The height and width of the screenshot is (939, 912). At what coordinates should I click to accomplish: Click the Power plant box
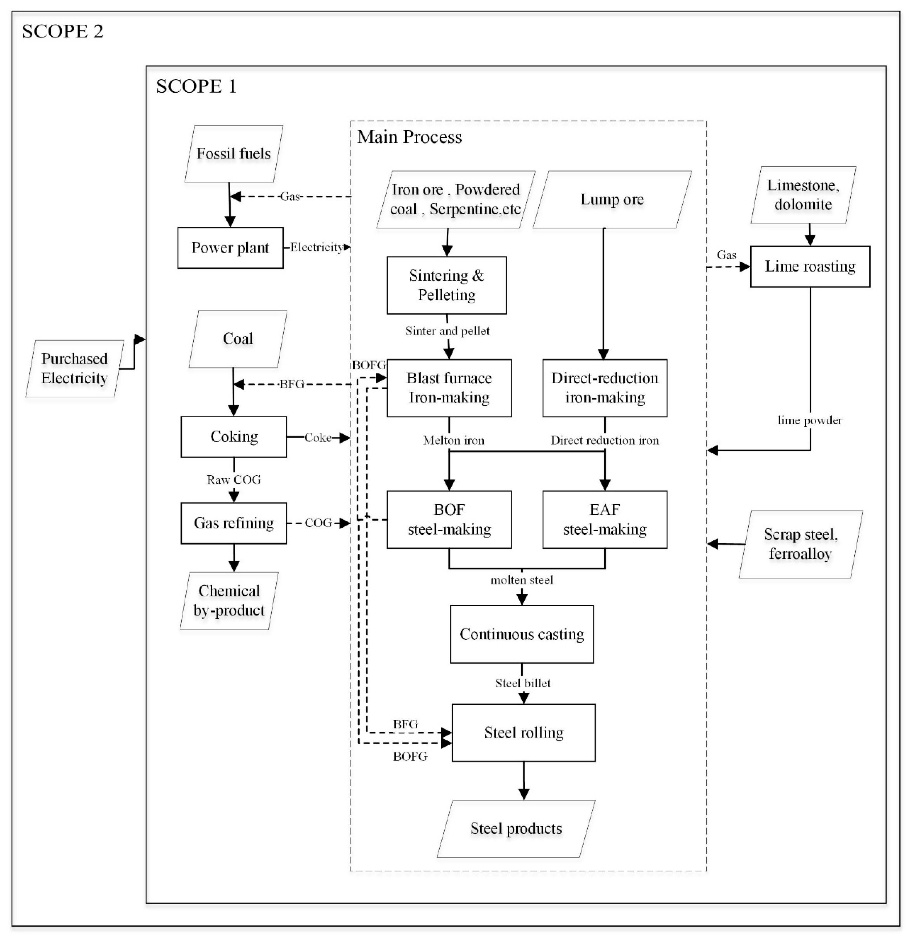[x=230, y=248]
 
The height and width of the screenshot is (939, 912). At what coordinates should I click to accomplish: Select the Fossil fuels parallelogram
[x=233, y=154]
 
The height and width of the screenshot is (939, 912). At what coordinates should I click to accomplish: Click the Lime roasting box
[x=810, y=266]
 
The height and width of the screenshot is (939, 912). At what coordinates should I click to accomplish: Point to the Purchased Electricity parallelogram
[x=74, y=369]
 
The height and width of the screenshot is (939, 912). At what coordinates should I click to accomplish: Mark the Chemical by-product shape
[x=229, y=601]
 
